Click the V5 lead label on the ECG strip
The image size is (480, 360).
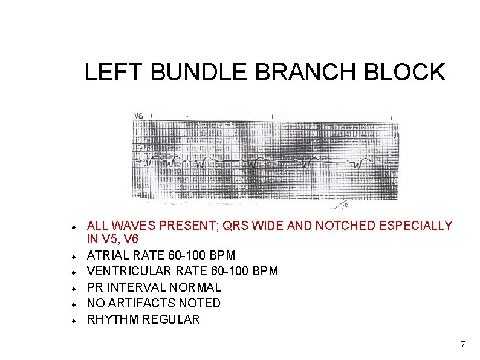coord(139,115)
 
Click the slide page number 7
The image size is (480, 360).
coord(462,344)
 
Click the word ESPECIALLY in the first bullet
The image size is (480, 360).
coord(415,226)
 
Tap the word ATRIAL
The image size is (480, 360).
coord(106,255)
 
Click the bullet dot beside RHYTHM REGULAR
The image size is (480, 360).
coord(73,319)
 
